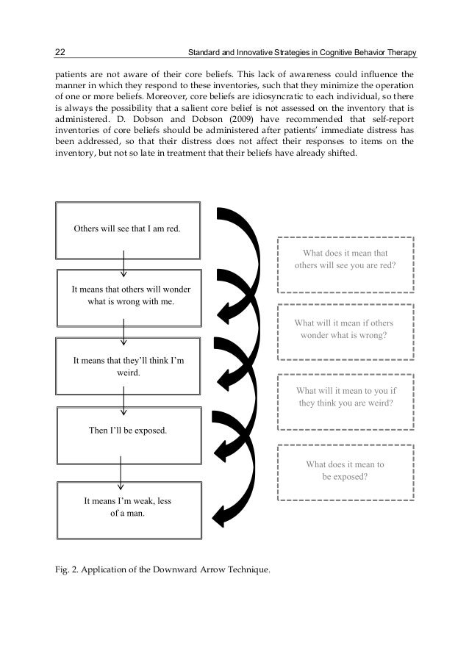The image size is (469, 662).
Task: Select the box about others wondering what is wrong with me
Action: [127, 296]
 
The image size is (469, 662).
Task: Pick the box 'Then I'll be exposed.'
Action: [127, 431]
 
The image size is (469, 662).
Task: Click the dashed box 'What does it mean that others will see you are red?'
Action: [345, 259]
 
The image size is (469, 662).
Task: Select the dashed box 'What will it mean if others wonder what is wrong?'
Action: [345, 328]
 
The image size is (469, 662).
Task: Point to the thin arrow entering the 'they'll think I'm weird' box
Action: [123, 331]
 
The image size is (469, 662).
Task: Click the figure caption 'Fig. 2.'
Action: [65, 571]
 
